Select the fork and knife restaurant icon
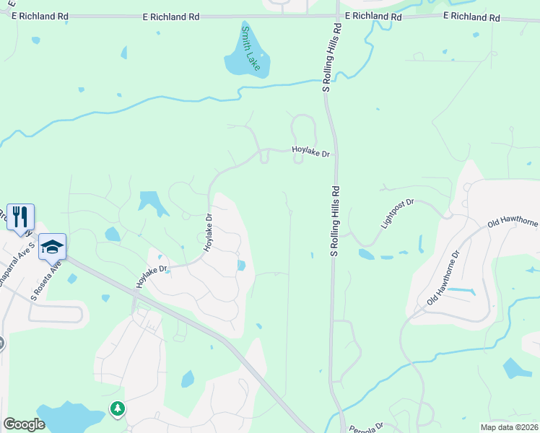tap(20, 216)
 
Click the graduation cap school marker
tap(52, 246)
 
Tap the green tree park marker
tap(117, 409)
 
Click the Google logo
tap(24, 424)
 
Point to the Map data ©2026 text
tap(509, 427)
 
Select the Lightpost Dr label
tap(397, 214)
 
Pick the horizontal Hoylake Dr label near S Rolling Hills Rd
tap(310, 152)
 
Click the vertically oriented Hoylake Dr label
tap(209, 231)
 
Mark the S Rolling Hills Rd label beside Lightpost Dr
tap(335, 220)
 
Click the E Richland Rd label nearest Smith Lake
tap(171, 16)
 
